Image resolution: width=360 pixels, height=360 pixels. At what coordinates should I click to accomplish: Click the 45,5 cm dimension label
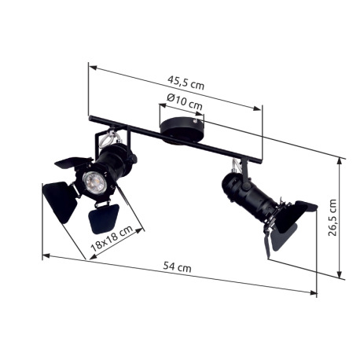pos(186,83)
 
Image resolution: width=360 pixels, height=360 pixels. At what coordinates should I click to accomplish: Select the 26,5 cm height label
pos(332,218)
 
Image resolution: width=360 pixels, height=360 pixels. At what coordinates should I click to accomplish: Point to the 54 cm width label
pos(178,267)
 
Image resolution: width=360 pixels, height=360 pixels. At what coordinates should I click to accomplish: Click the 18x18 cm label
pos(112,238)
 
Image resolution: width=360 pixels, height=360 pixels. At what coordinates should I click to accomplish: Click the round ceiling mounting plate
pos(182,129)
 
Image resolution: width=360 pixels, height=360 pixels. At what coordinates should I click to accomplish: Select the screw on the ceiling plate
pos(194,120)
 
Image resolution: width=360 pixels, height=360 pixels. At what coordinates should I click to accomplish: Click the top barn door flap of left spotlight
pos(73,163)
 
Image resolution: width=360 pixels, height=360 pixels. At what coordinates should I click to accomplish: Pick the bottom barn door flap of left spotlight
pos(104,219)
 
